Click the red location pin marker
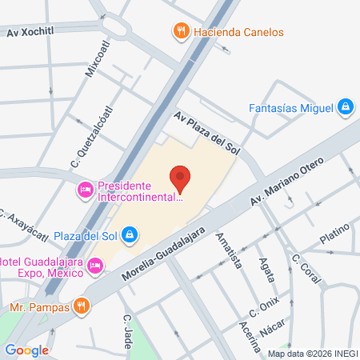click(181, 178)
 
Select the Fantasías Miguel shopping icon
click(345, 106)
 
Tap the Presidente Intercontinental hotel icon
click(84, 189)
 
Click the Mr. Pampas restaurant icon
click(80, 306)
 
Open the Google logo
click(26, 350)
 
